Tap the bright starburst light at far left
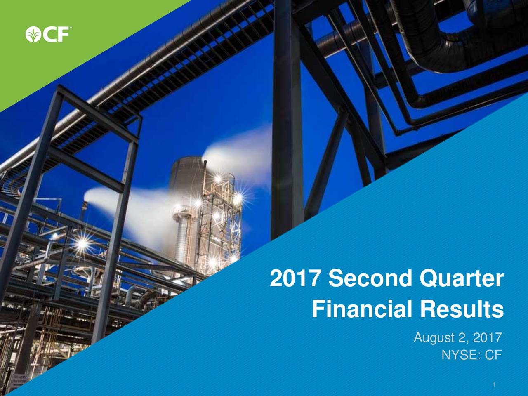pyautogui.click(x=82, y=243)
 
